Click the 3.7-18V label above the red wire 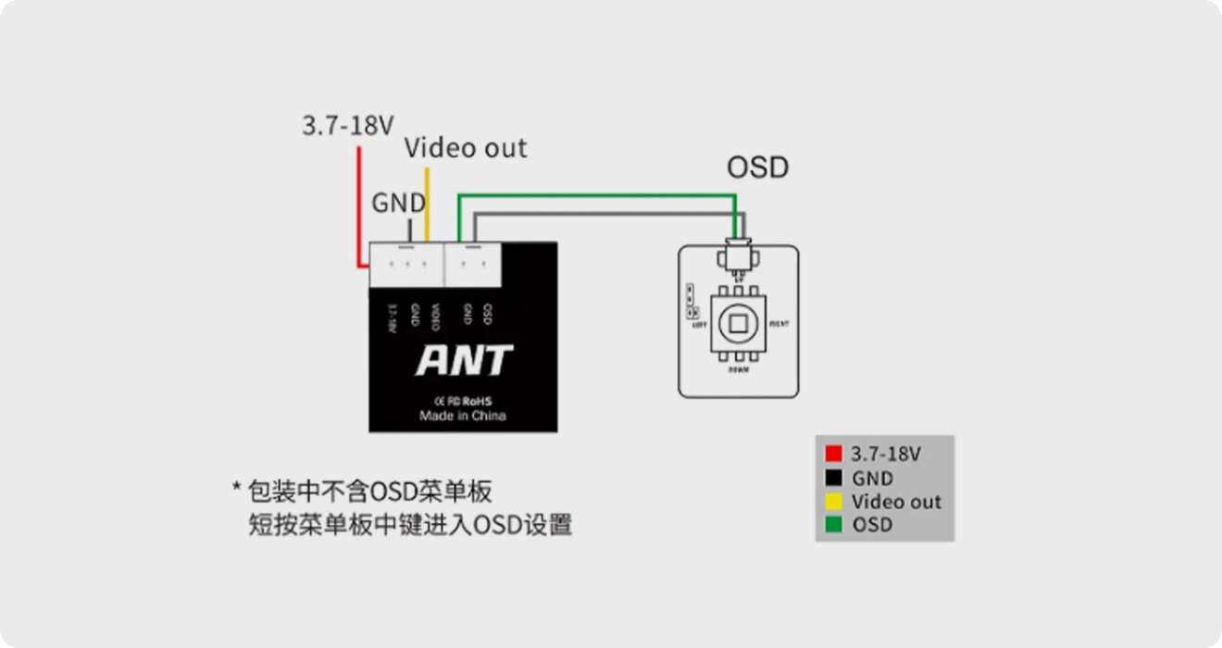(x=348, y=126)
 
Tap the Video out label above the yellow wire (x=466, y=148)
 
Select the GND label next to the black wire (x=398, y=203)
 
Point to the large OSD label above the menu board (x=757, y=168)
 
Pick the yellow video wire (x=427, y=204)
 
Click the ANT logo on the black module (x=464, y=361)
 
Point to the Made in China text (x=463, y=417)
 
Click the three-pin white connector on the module (x=406, y=265)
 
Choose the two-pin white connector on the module (x=472, y=265)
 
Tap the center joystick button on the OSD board (x=738, y=323)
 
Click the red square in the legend (x=834, y=455)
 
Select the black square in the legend (x=834, y=479)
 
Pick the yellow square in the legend (x=834, y=502)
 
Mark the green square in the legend (x=834, y=525)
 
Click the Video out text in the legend (x=896, y=502)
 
